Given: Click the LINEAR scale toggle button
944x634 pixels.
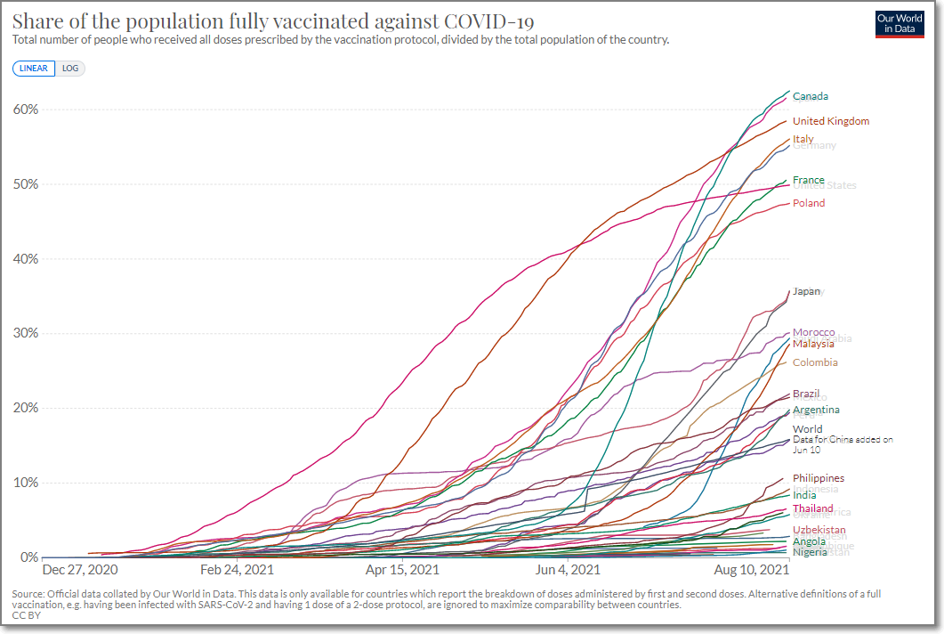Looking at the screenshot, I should [34, 68].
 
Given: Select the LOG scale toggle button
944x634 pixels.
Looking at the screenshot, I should [70, 68].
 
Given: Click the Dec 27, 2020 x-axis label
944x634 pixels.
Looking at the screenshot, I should [80, 569].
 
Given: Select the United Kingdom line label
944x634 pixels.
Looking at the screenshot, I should [830, 121].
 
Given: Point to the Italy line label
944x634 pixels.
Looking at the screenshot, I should [803, 139].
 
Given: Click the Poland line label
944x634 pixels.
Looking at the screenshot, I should [809, 203].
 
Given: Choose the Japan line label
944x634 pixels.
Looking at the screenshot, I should [806, 291].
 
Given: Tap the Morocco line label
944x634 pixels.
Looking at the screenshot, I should [813, 332].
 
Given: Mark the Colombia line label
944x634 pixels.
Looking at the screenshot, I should [815, 362].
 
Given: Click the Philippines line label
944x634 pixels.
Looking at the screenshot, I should [818, 478].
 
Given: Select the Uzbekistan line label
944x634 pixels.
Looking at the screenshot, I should [819, 530].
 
